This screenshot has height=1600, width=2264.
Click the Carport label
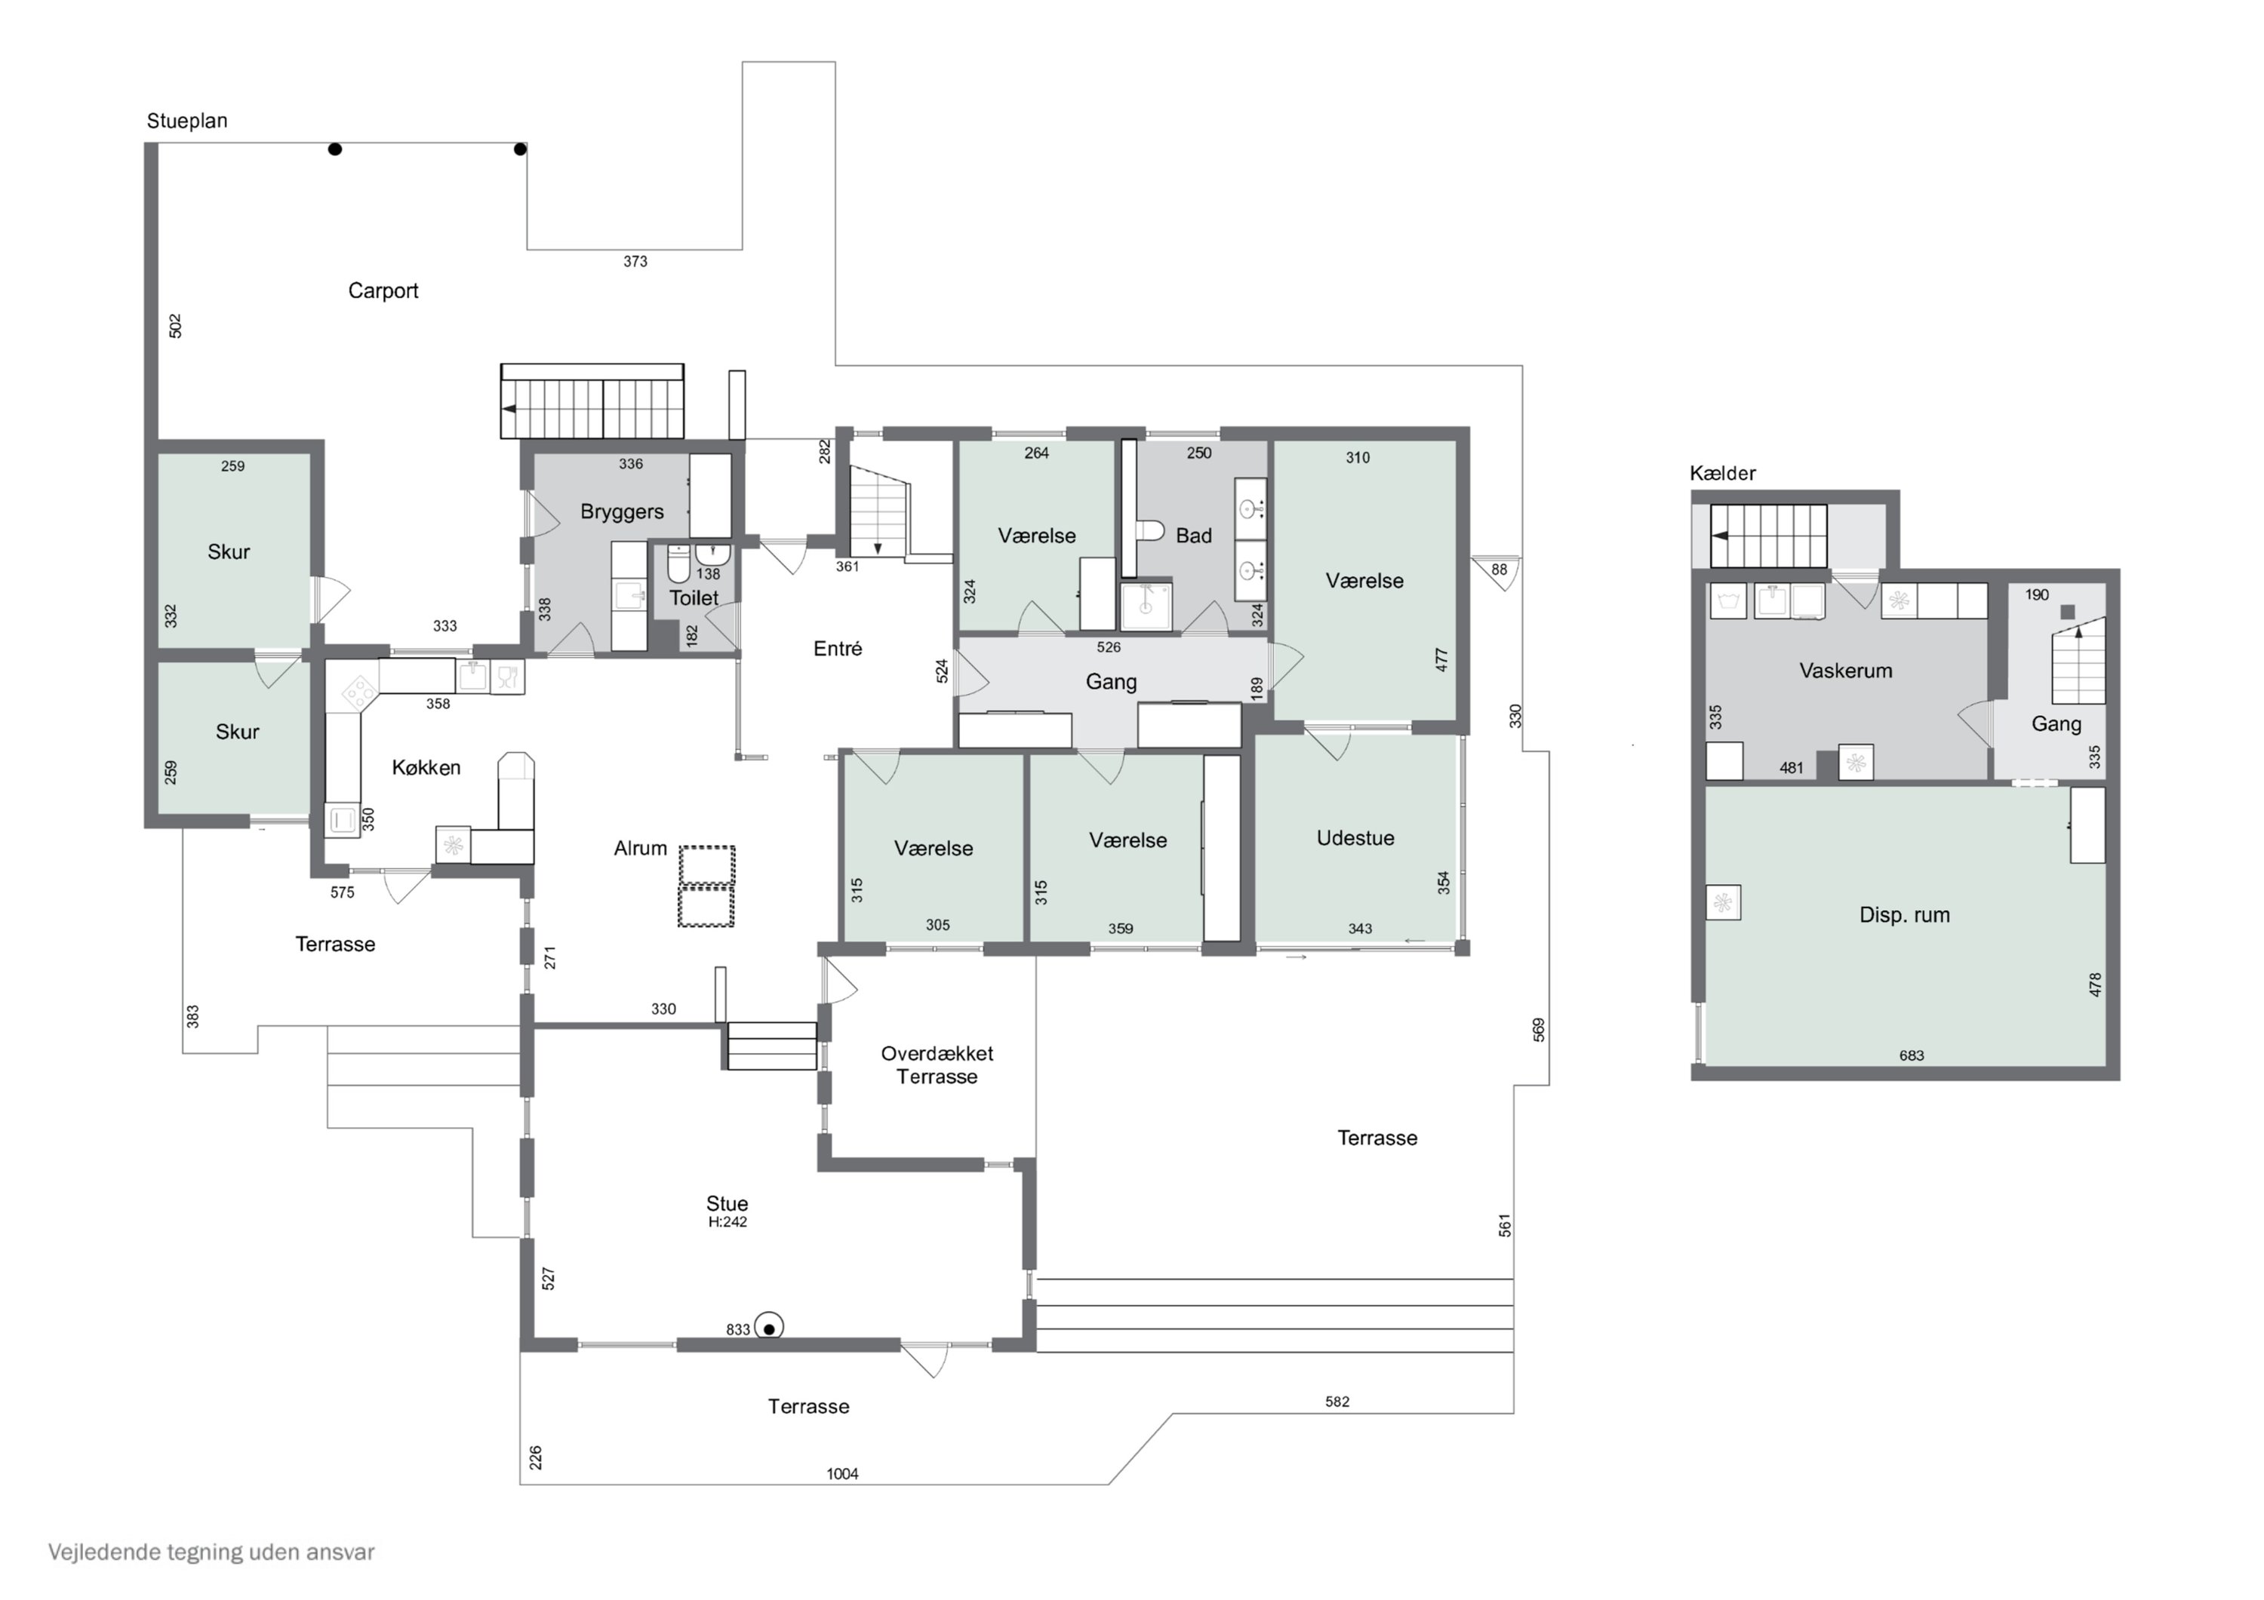click(383, 291)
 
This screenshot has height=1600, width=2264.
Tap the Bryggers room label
click(621, 511)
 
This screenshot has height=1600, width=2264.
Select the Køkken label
click(426, 767)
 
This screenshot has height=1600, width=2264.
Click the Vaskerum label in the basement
click(1845, 671)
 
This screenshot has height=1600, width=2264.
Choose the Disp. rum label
click(1904, 915)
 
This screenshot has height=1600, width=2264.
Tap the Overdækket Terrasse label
click(937, 1064)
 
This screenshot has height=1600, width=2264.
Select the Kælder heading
click(1723, 473)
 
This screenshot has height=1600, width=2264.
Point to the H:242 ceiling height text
click(727, 1222)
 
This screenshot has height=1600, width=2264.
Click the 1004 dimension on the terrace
click(842, 1474)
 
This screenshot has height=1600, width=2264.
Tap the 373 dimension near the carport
click(635, 261)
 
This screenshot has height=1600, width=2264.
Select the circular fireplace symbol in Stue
click(769, 1328)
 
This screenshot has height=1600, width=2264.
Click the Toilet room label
click(694, 598)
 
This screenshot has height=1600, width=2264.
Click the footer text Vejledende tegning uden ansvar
click(211, 1552)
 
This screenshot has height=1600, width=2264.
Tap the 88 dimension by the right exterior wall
click(1499, 570)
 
